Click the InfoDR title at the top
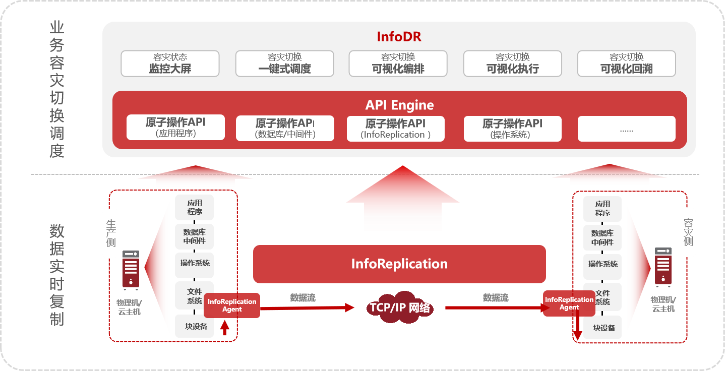399,37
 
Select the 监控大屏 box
170,64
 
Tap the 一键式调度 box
284,64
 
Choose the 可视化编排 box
398,64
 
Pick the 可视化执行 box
512,64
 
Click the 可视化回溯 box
626,64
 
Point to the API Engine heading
399,105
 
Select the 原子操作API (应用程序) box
175,128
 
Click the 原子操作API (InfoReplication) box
395,129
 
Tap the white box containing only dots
626,129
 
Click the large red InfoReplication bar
399,264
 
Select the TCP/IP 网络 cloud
399,307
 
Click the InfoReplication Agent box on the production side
232,305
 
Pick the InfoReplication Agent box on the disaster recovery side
569,303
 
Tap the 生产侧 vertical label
110,233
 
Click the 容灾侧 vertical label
688,232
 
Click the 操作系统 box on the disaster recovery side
602,265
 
